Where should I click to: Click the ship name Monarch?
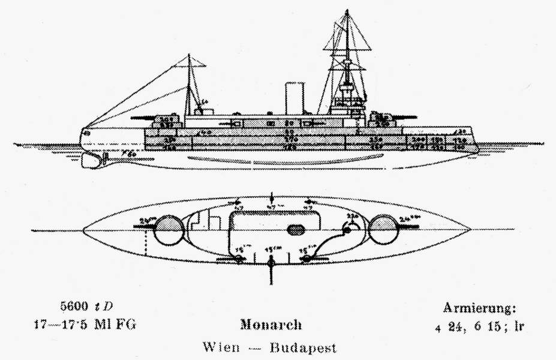(x=271, y=325)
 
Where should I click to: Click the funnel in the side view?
(x=294, y=98)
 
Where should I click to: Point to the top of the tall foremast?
(x=347, y=11)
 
